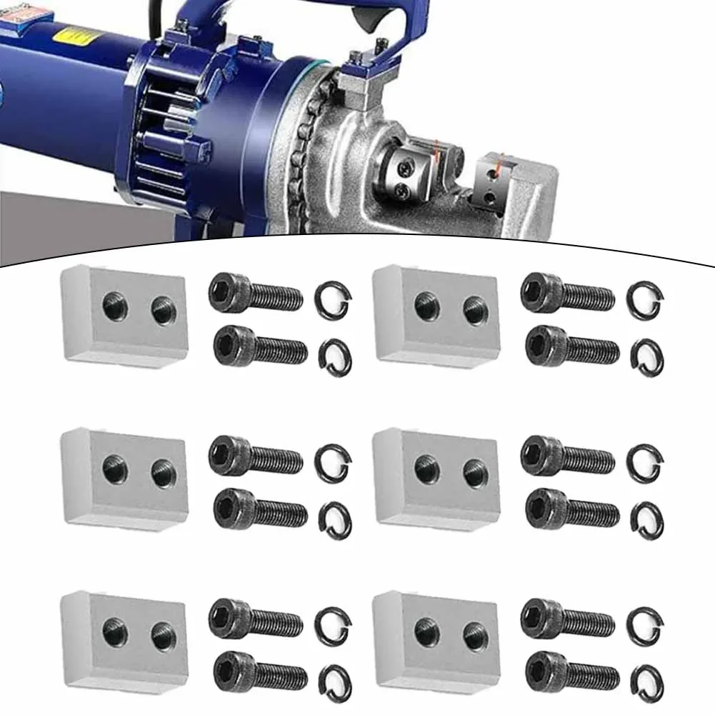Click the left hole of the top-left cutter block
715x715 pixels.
pos(114,306)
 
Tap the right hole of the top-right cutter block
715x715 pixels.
pos(475,309)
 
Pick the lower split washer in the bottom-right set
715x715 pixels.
pos(647,681)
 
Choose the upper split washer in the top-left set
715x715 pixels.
pos(332,299)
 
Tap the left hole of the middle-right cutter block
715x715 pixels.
pos(426,469)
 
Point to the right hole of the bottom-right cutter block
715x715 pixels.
pos(475,634)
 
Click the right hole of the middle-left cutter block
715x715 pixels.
pos(163,471)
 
